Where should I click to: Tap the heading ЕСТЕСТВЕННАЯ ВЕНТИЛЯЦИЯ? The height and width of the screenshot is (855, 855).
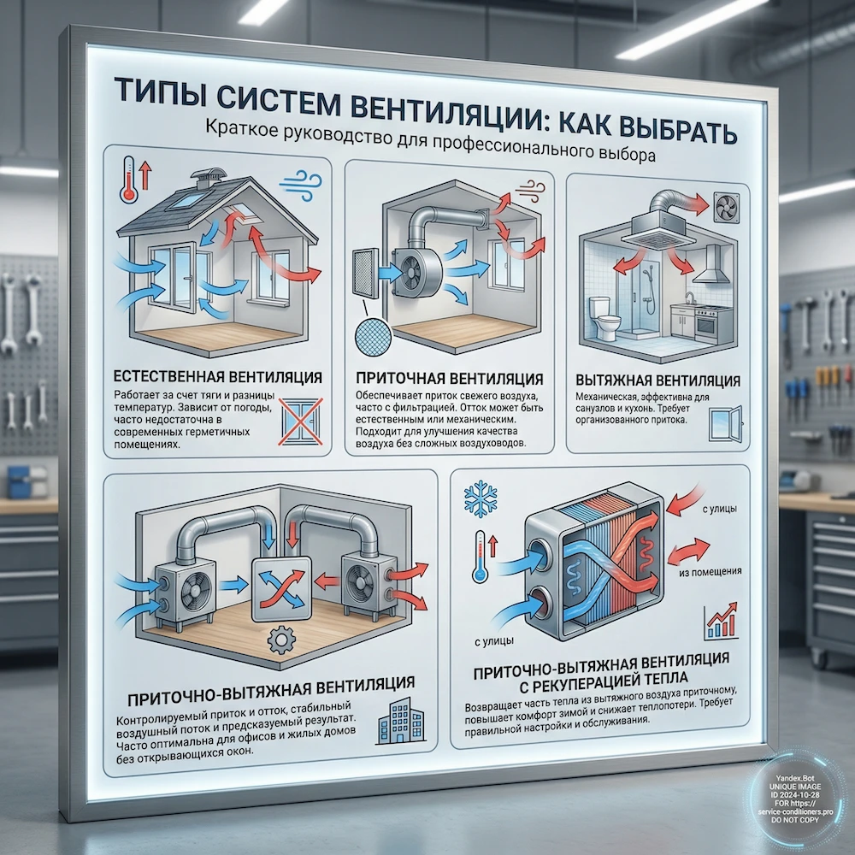[216, 377]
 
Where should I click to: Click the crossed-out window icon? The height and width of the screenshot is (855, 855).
[296, 422]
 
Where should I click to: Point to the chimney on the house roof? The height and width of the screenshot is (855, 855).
[203, 179]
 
